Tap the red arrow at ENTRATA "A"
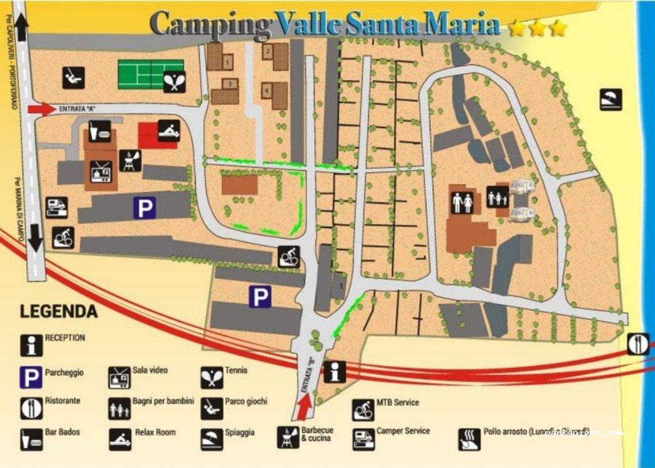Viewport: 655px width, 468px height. point(41,109)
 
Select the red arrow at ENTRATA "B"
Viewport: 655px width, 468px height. point(303,407)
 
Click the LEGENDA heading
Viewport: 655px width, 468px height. point(59,311)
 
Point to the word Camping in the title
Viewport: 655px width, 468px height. point(211,24)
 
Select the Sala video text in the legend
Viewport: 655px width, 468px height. point(150,370)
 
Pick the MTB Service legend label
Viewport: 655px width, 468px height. point(398,402)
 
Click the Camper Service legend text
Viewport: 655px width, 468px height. point(403,431)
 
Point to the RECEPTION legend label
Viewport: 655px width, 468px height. point(65,337)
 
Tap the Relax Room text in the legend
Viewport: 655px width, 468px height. point(155,432)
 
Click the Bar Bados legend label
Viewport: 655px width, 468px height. point(62,432)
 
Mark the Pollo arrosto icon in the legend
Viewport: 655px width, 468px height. point(468,439)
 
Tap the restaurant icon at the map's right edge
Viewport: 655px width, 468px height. point(638,344)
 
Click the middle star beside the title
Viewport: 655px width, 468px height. point(538,28)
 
